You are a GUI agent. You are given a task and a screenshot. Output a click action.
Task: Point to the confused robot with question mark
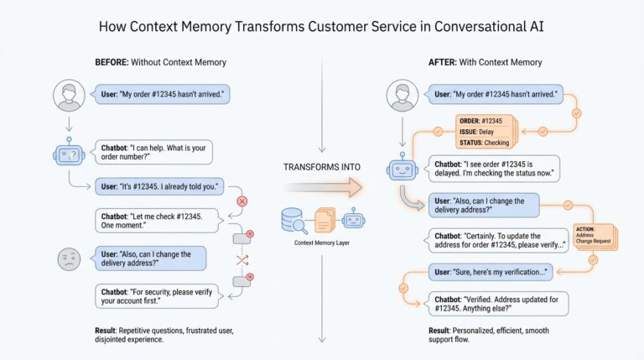pyautogui.click(x=70, y=155)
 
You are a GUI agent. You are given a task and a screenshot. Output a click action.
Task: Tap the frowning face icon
pyautogui.click(x=69, y=259)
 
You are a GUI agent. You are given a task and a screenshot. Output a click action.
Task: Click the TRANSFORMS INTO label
pyautogui.click(x=321, y=167)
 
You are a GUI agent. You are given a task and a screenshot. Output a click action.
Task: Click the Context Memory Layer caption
pyautogui.click(x=322, y=243)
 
